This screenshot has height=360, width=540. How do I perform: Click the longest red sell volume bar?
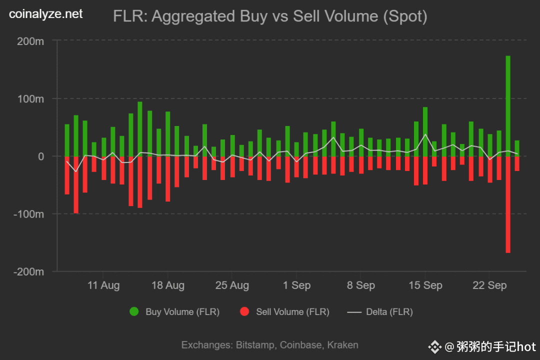click(x=508, y=204)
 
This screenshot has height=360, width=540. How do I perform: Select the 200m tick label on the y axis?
click(x=30, y=41)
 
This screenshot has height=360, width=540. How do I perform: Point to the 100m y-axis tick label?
click(x=30, y=98)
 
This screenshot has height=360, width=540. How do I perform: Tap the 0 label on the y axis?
click(x=41, y=156)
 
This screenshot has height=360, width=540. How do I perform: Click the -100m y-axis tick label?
click(x=28, y=214)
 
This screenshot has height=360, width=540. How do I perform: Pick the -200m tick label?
click(x=28, y=271)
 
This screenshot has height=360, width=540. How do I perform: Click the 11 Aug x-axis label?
click(x=103, y=285)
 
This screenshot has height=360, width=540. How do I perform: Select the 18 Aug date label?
click(x=167, y=285)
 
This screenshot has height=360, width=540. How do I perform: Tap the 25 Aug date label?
click(x=232, y=285)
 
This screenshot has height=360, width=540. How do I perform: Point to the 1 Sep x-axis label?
click(x=296, y=285)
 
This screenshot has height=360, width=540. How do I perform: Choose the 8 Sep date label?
click(x=361, y=285)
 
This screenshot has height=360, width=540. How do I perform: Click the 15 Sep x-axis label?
click(x=425, y=285)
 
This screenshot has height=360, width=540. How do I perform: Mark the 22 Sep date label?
click(x=489, y=285)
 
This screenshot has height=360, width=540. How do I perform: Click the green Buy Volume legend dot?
click(x=134, y=312)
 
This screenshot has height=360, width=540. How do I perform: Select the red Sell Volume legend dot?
click(x=244, y=312)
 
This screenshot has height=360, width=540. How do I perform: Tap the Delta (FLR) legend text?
click(x=389, y=312)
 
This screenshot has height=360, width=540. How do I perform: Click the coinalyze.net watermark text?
click(x=46, y=14)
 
